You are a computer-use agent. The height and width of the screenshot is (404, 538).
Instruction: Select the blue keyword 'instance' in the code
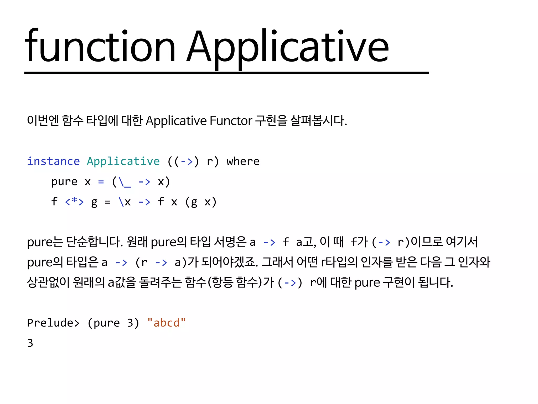click(53, 161)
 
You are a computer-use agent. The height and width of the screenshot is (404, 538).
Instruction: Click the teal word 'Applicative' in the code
click(123, 161)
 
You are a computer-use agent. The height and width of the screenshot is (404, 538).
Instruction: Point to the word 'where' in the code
click(243, 161)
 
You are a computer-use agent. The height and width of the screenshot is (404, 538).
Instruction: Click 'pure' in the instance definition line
click(64, 182)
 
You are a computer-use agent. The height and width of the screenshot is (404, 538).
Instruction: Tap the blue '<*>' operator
click(74, 202)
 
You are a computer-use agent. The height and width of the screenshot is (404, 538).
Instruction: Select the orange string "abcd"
click(167, 323)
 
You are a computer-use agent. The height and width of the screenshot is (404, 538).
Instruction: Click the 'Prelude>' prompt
click(53, 323)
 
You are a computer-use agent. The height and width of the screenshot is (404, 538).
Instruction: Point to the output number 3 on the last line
click(30, 343)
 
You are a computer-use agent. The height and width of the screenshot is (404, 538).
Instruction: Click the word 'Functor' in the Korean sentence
click(231, 121)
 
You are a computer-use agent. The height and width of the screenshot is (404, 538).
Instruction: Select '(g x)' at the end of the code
click(201, 202)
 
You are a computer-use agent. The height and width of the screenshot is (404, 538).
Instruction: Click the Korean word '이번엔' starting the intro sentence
click(43, 121)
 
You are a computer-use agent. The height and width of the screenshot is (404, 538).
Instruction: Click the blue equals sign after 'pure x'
click(101, 182)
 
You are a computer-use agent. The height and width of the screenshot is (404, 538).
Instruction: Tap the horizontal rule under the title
click(226, 73)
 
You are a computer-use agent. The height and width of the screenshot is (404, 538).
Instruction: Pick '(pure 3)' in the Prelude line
click(113, 323)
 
